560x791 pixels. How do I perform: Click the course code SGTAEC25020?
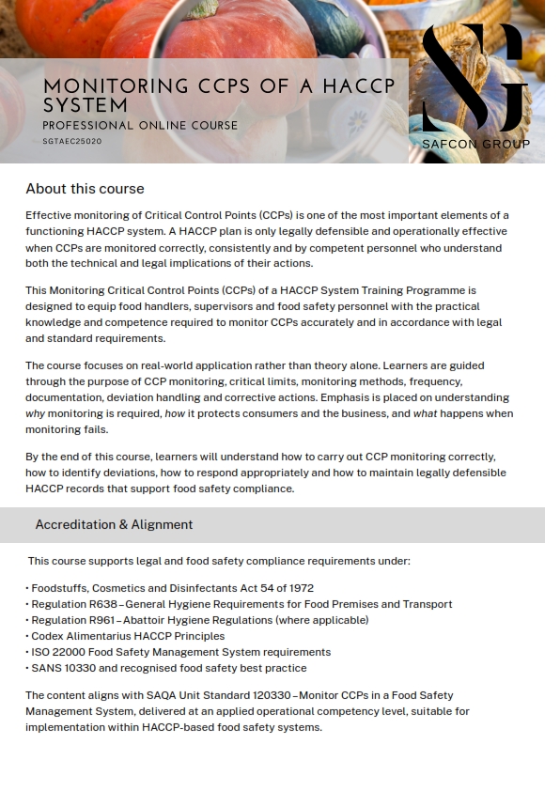(x=72, y=142)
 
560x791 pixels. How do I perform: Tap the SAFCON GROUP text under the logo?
(x=475, y=144)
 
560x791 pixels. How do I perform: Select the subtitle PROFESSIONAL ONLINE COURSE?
(x=140, y=125)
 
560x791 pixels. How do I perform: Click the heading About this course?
(x=85, y=189)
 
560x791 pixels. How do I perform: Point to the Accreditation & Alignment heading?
(x=114, y=524)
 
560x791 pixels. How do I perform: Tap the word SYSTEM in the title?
(x=86, y=105)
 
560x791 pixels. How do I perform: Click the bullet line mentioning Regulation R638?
(x=241, y=604)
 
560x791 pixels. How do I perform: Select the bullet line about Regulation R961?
(x=198, y=620)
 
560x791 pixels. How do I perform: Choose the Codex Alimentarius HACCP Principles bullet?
(x=127, y=636)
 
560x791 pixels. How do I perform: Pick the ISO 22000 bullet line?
(x=179, y=652)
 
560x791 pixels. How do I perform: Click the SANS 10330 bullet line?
(x=167, y=668)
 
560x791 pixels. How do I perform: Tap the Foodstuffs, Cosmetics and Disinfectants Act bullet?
(x=171, y=588)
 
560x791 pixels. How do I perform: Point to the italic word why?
(x=35, y=413)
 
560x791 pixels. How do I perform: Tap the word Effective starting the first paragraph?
(x=49, y=215)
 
